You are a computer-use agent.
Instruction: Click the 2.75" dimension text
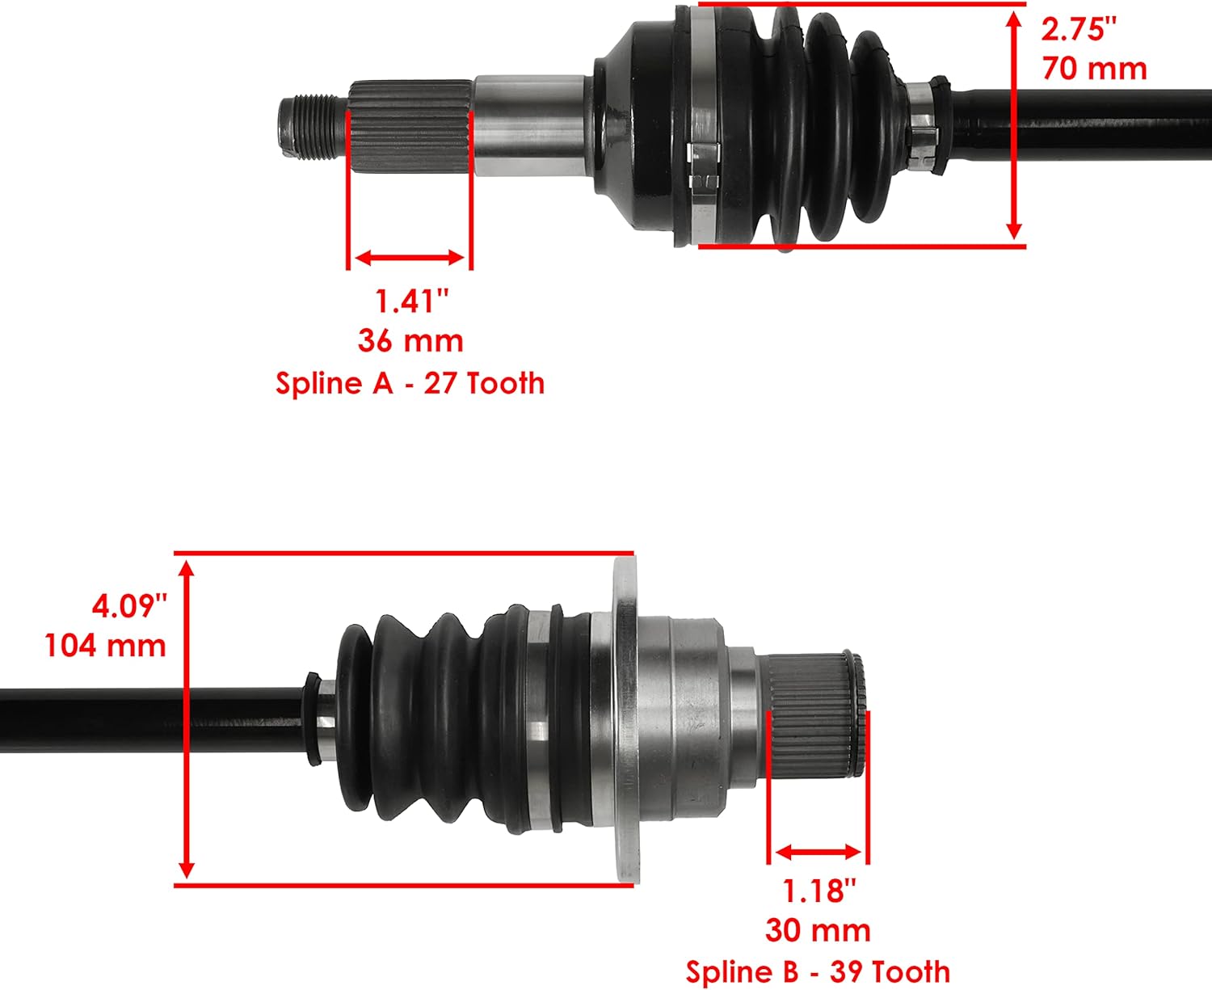point(1078,30)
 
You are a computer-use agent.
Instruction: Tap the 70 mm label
point(1094,69)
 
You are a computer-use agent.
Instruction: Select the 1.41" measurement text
point(410,301)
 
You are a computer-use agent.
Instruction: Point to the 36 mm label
point(410,341)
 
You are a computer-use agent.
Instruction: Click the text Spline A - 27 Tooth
point(410,383)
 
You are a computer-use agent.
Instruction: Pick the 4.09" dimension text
point(129,605)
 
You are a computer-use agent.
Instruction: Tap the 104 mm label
point(105,646)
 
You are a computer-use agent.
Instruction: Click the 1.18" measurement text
point(819,891)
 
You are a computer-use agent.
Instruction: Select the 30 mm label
point(818,930)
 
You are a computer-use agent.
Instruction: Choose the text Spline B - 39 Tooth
point(818,971)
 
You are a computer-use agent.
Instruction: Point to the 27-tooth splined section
point(410,127)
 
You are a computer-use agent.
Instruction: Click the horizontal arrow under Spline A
point(410,258)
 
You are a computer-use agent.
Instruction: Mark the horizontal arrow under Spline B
point(818,852)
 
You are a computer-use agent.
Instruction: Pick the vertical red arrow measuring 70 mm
point(1014,125)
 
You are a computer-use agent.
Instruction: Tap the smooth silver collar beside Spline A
point(529,125)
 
